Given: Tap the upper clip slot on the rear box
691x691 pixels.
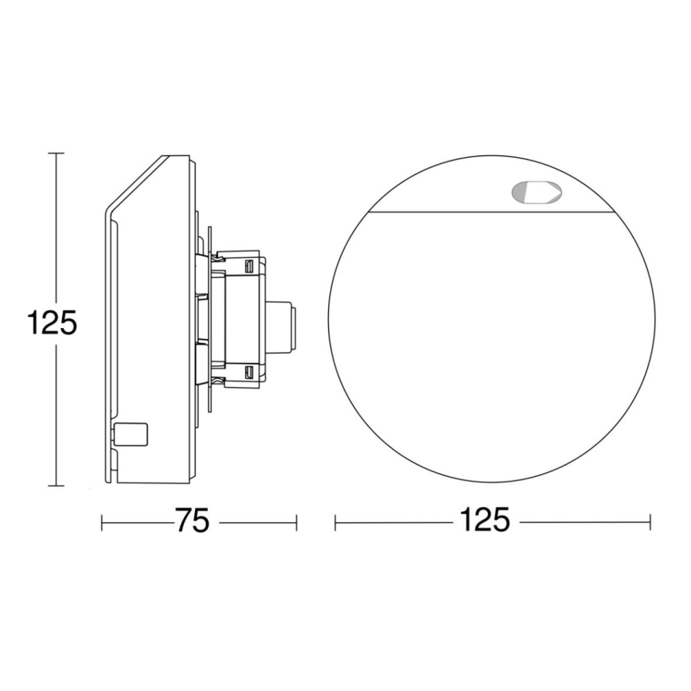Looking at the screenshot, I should click(250, 264).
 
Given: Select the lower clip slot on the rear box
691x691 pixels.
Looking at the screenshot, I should click(250, 372).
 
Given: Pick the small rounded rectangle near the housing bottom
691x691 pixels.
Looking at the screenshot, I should click(132, 434).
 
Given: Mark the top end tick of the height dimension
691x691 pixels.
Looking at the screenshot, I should click(54, 153).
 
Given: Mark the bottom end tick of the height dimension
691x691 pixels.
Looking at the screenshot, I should click(54, 485).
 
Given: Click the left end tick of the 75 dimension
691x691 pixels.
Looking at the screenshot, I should click(103, 522).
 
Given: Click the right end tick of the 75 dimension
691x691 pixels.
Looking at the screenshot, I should click(296, 522).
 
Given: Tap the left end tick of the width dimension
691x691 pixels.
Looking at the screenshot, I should click(335, 522).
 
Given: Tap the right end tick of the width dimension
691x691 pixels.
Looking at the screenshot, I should click(650, 522).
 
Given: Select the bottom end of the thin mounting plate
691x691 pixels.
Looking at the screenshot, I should click(209, 409).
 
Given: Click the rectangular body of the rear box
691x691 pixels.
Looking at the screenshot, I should click(239, 318).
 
